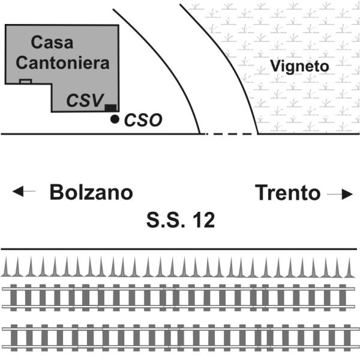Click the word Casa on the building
tap(52, 43)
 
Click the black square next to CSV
tap(110, 108)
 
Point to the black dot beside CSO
tap(115, 119)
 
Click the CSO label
tap(143, 120)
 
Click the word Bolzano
tap(91, 193)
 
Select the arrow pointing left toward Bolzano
tap(24, 192)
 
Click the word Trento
tap(287, 193)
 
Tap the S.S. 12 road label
tap(180, 221)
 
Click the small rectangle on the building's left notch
tap(25, 81)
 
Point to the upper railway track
tap(180, 296)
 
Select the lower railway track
tap(180, 337)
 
